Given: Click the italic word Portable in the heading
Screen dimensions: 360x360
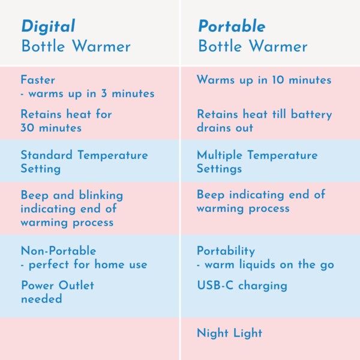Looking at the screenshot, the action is click(232, 26).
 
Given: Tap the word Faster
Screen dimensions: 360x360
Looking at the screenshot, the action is click(38, 80).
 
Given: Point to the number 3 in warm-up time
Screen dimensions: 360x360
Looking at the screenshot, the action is click(104, 94).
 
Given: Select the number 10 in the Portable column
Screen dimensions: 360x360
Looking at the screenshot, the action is click(278, 80).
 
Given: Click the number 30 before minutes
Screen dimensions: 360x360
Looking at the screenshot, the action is click(28, 128).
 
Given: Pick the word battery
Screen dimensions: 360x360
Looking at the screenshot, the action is click(311, 115).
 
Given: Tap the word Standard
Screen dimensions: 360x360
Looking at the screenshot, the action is click(47, 155).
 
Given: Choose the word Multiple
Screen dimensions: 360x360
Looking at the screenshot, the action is click(220, 155).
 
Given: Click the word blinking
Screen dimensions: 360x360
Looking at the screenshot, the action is click(101, 196).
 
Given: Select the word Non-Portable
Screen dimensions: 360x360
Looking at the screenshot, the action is click(59, 250).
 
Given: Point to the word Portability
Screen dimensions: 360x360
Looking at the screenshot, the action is click(226, 251).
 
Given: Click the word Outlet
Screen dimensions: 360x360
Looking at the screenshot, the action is click(76, 286).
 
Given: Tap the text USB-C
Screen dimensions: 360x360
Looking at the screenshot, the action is click(215, 286).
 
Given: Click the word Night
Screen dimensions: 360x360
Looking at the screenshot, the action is click(212, 333).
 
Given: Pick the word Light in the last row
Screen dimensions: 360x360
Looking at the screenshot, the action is click(248, 333).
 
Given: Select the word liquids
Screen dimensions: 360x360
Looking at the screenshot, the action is click(257, 265).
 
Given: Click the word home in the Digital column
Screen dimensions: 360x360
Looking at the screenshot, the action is click(110, 264).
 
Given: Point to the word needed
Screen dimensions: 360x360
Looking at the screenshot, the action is click(41, 299).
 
